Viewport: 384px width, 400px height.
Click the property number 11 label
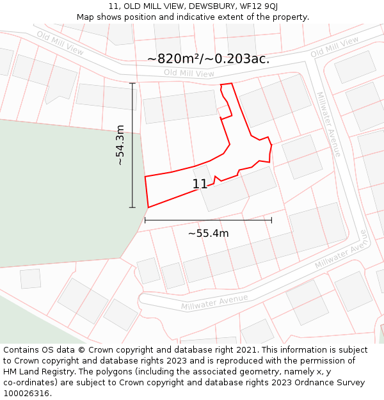200,184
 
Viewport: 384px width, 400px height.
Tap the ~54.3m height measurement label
120,145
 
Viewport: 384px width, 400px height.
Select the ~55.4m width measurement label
208,234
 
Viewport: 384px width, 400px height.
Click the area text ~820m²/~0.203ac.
208,59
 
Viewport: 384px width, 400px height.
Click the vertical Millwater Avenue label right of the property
329,124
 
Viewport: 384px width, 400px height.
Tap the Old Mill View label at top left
60,42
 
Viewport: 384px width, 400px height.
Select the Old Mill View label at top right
335,47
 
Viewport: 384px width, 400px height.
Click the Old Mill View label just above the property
189,74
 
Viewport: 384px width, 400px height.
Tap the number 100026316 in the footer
26,394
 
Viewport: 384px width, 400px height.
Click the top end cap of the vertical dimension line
132,83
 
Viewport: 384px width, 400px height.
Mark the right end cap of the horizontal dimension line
271,220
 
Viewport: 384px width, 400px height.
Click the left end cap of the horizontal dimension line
145,220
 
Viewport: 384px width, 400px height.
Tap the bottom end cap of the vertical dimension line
132,207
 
